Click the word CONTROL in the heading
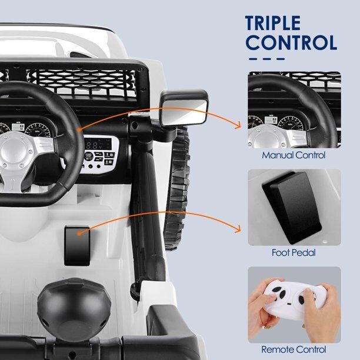coord(291,43)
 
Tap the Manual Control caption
coord(294,155)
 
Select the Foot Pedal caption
coord(294,253)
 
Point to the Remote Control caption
coord(294,349)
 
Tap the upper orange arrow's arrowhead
coord(239,124)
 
